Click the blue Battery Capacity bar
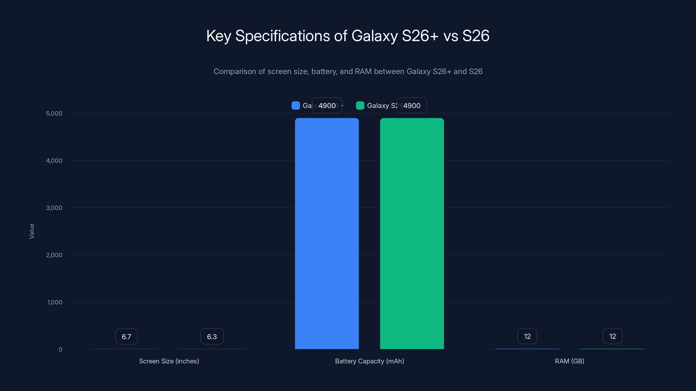pos(327,234)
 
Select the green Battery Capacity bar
pos(412,234)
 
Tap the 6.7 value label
pos(126,336)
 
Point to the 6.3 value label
pos(212,336)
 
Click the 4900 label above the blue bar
pos(327,106)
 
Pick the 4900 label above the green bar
pos(412,106)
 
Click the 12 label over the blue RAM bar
pos(527,336)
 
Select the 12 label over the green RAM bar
pos(612,336)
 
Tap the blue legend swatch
pos(296,106)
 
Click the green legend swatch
pos(360,106)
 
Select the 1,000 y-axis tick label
pos(55,302)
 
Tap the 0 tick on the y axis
pos(60,350)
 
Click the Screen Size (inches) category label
pos(169,361)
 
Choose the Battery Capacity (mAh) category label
pos(369,361)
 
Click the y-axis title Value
pos(32,231)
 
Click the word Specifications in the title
pos(282,36)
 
